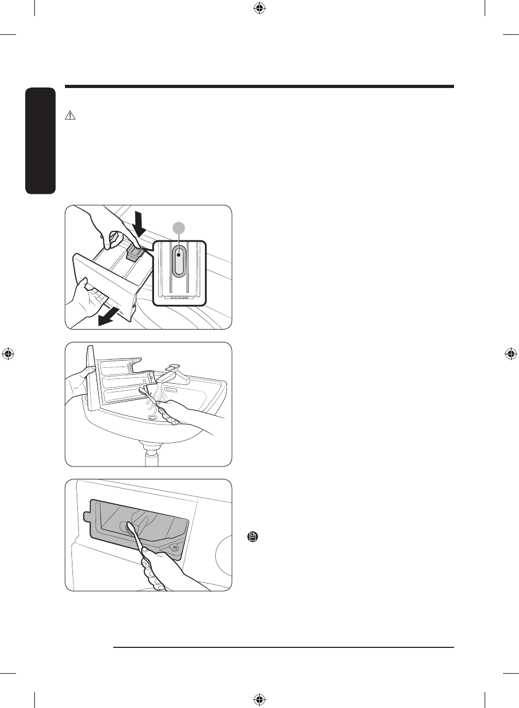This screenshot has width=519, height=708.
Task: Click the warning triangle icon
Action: click(x=70, y=115)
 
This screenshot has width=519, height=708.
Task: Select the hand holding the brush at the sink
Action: click(x=174, y=412)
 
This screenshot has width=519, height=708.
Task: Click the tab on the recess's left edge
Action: click(x=86, y=516)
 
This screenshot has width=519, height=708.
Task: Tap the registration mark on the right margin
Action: click(x=510, y=354)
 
